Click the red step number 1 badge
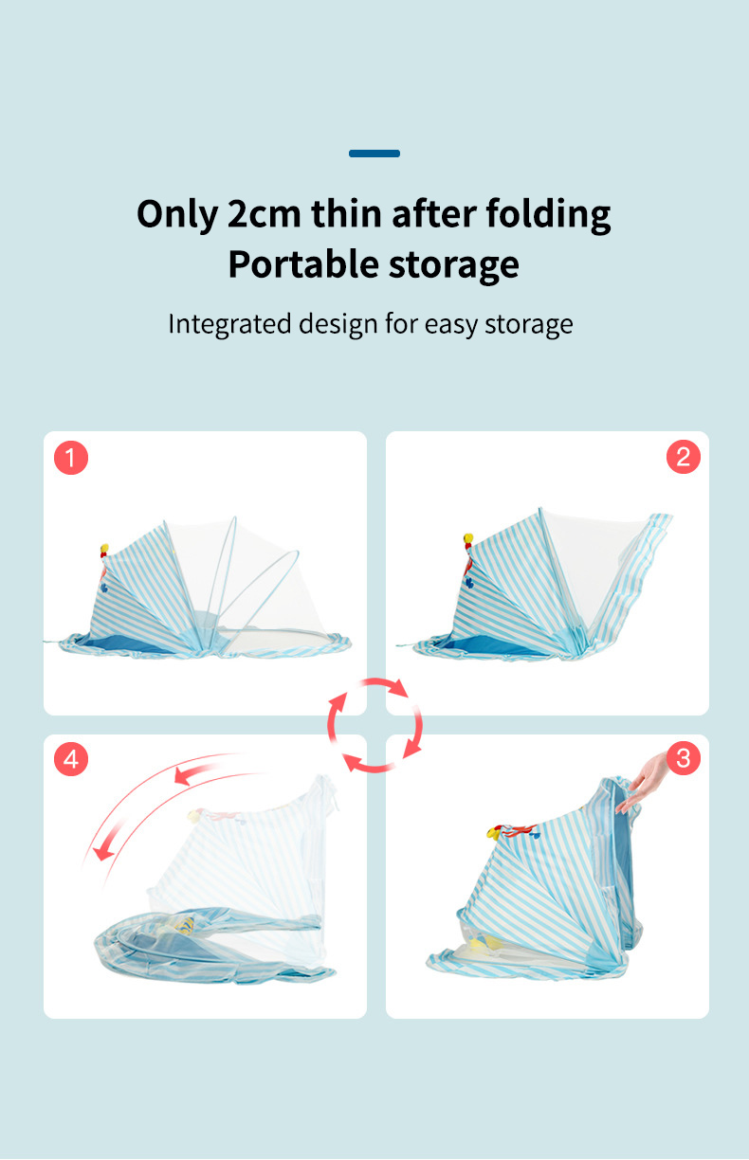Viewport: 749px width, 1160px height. coord(71,458)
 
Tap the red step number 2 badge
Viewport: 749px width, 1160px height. coord(683,457)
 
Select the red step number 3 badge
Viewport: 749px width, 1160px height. coord(683,758)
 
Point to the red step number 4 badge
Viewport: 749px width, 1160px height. coord(71,759)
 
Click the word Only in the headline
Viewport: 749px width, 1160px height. coord(177,214)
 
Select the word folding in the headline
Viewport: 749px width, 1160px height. coord(549,214)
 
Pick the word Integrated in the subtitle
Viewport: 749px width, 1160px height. coord(229,324)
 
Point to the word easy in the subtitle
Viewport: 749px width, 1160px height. coord(451,324)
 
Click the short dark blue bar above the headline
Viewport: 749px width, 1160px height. coord(374,153)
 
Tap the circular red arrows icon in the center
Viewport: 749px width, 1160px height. coord(374,724)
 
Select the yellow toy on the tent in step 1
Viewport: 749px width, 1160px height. coord(104,549)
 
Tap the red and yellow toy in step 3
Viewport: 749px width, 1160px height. coord(512,831)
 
